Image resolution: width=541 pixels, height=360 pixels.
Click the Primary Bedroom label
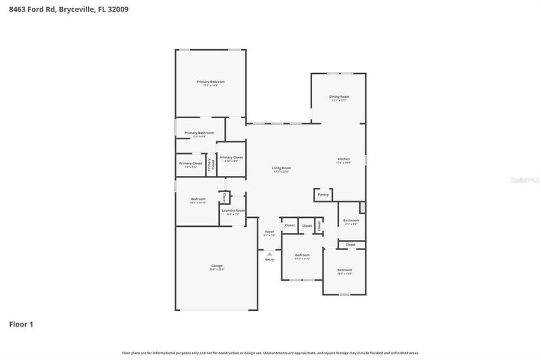(x=210, y=82)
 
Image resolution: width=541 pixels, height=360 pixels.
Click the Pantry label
(x=323, y=194)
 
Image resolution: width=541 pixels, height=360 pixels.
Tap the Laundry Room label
(x=233, y=211)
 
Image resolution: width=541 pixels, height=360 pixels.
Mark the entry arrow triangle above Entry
(x=270, y=254)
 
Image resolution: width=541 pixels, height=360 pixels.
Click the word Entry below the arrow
(x=270, y=259)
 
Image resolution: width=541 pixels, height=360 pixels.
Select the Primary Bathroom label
(x=199, y=133)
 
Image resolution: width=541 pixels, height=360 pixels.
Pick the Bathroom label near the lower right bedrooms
(x=351, y=221)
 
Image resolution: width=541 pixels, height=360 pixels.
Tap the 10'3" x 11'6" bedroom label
(x=344, y=271)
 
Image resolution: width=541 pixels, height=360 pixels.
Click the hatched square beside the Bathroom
(x=362, y=207)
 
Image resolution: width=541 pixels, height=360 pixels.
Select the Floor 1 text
(x=21, y=325)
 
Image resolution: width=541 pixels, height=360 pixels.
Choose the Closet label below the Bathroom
(x=351, y=244)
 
